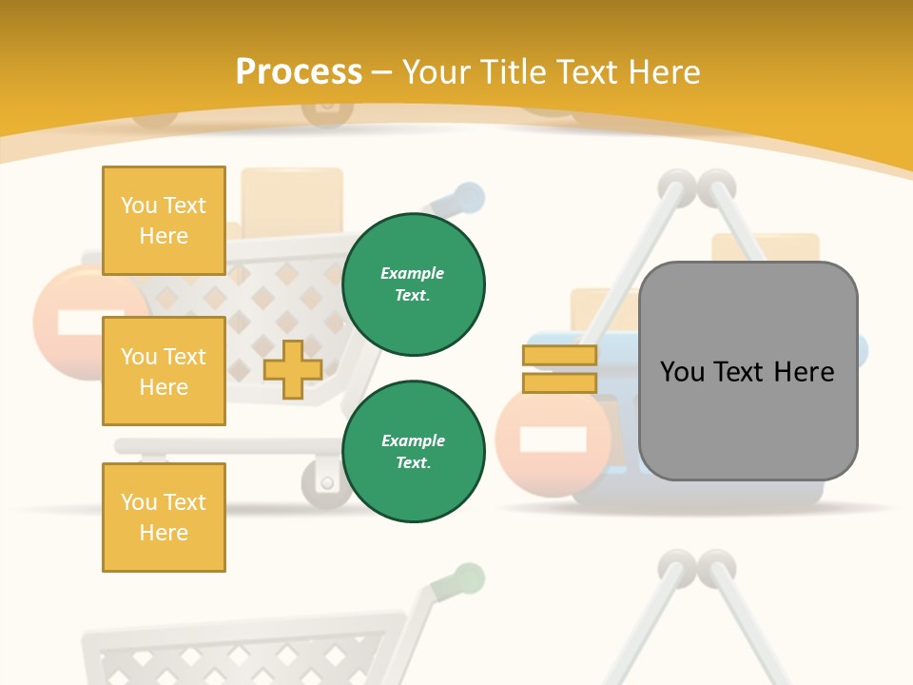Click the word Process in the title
point(299,71)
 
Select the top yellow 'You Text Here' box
point(164,221)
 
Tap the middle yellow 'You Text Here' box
point(164,371)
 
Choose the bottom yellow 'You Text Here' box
point(164,518)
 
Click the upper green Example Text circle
point(413,284)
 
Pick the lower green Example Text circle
point(413,452)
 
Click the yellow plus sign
point(292,369)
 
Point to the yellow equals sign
point(559,369)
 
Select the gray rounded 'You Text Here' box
point(748,371)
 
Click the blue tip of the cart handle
point(469,198)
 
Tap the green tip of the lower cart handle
point(469,577)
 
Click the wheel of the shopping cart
point(326,482)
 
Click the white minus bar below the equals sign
point(553,440)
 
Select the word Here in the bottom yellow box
point(164,533)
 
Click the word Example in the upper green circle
point(413,274)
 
